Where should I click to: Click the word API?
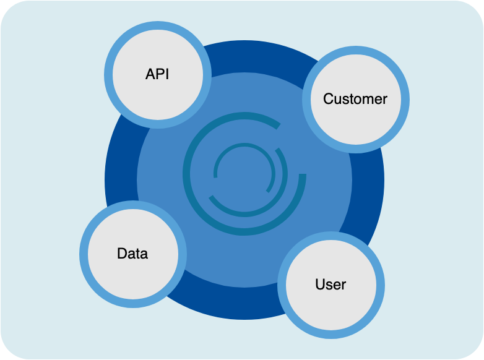[x=157, y=74]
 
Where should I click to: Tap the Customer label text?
[x=355, y=98]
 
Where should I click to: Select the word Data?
[x=132, y=254]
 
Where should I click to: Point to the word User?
[x=331, y=285]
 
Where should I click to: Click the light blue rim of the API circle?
[x=157, y=28]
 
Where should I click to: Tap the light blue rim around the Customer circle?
[x=355, y=52]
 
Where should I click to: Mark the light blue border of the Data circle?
[x=132, y=207]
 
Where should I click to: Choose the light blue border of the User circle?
[x=331, y=238]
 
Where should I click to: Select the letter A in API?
[x=149, y=74]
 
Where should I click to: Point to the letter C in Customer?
[x=328, y=98]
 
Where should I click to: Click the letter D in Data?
[x=121, y=254]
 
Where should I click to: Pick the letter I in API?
[x=167, y=74]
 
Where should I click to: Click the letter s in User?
[x=329, y=285]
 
